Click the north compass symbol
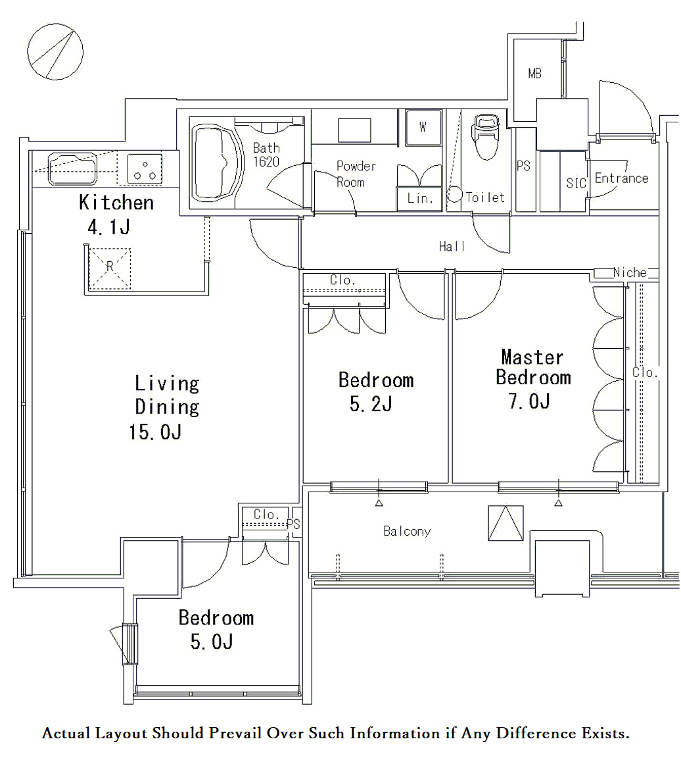click(55, 52)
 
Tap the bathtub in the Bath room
click(216, 163)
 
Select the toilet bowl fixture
click(486, 136)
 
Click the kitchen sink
click(72, 168)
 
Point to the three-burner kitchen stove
click(145, 168)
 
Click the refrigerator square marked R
click(110, 268)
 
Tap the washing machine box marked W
click(423, 128)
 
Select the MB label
click(534, 74)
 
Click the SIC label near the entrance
click(576, 183)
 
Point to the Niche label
click(630, 273)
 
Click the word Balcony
click(407, 532)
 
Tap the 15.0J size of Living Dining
click(155, 432)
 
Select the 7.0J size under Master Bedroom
click(529, 401)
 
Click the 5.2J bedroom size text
click(371, 404)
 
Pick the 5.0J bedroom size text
click(212, 642)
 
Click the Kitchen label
click(116, 203)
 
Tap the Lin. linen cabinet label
click(419, 198)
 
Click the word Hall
click(452, 247)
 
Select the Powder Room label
click(356, 174)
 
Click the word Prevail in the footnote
click(235, 733)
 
